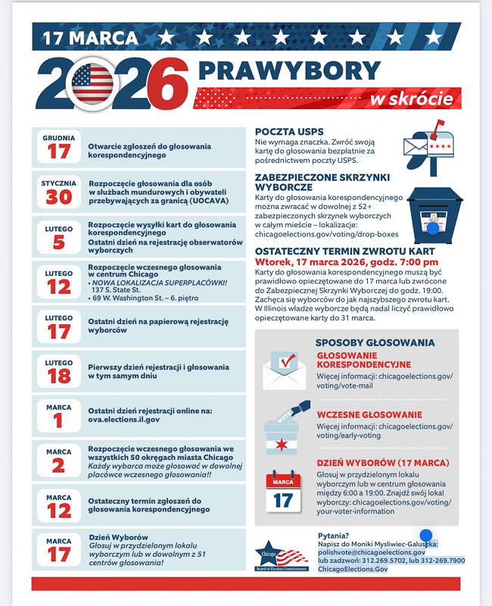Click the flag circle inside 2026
[x=95, y=83]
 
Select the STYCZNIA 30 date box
[x=59, y=192]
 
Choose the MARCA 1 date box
[x=59, y=416]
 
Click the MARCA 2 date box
[x=59, y=461]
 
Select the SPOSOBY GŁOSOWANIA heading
[x=374, y=342]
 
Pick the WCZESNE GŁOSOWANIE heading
[x=369, y=414]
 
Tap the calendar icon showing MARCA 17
[x=282, y=492]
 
